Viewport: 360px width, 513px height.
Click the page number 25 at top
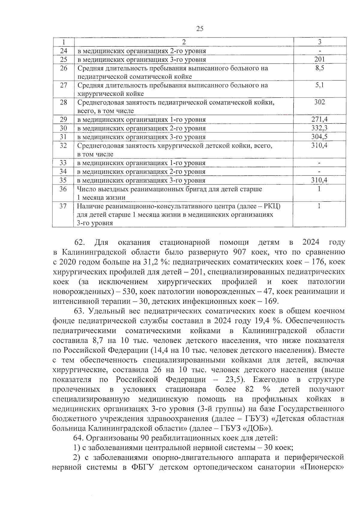pos(199,29)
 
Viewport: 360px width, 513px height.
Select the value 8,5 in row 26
pos(319,68)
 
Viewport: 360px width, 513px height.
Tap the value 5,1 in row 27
pos(319,85)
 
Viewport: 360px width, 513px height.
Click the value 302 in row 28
pos(319,102)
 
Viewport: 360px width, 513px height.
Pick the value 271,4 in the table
pos(319,119)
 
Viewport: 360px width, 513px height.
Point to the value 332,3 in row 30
pos(319,128)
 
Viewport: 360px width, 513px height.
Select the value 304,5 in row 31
pos(319,137)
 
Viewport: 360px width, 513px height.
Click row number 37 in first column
pos(63,206)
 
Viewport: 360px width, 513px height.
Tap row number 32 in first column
pos(63,145)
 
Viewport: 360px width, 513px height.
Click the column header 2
pos(184,42)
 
